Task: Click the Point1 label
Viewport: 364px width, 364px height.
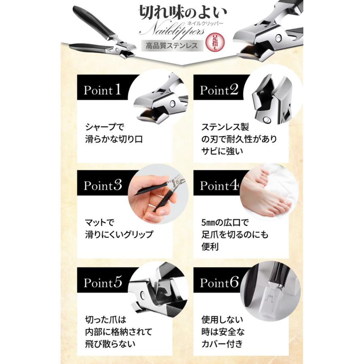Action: click(102, 90)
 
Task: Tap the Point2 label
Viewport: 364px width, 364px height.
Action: click(219, 90)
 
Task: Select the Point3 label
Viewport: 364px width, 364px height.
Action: click(102, 186)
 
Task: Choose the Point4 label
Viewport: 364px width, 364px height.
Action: click(219, 186)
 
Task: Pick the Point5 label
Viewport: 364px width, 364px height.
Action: click(102, 282)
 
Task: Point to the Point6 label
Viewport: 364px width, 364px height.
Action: click(219, 282)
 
